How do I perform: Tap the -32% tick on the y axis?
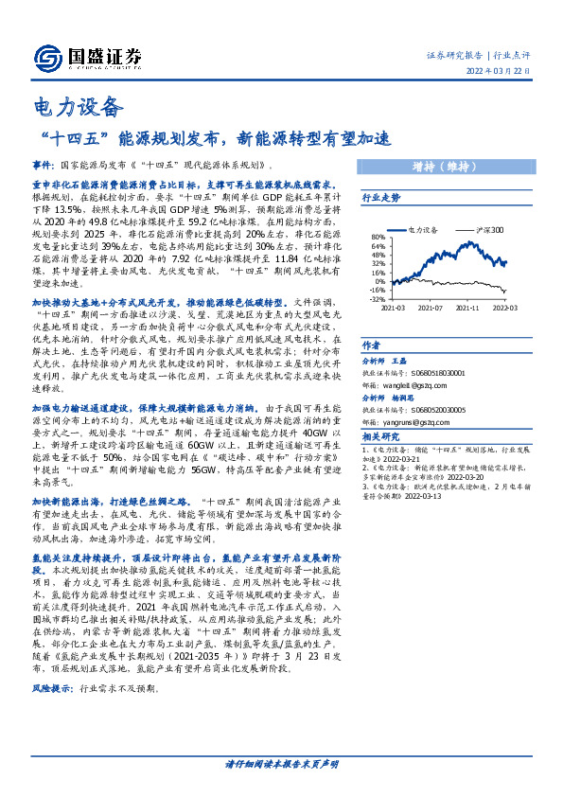(x=378, y=299)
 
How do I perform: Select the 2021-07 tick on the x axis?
(x=431, y=307)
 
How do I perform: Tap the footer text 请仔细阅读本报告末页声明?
(x=281, y=763)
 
